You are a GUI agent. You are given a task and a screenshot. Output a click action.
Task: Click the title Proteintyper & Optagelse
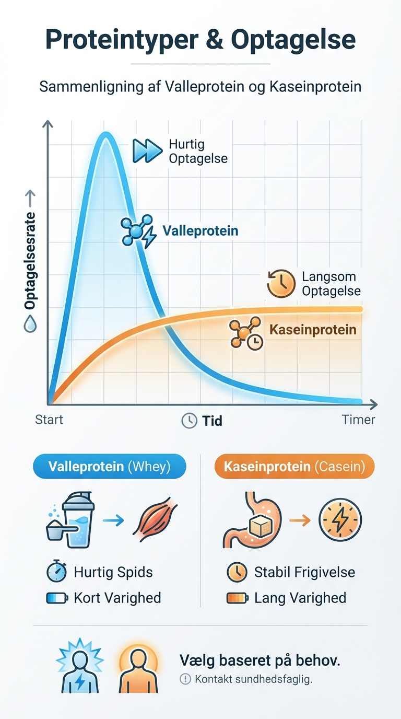[x=200, y=40]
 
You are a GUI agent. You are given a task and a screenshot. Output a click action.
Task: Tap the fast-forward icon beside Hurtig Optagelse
[x=147, y=150]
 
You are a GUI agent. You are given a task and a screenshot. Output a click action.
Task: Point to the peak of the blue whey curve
[x=106, y=135]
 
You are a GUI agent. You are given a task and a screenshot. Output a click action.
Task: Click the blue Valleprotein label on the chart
[x=200, y=231]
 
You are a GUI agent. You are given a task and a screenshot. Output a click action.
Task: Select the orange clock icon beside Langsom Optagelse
[x=281, y=284]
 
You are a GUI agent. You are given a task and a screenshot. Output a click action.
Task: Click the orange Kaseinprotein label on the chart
[x=313, y=330]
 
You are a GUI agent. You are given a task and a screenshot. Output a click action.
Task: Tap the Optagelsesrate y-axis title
[x=30, y=260]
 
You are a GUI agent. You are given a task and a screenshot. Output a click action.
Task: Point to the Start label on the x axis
[x=49, y=420]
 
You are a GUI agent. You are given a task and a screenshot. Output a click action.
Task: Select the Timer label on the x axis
[x=358, y=420]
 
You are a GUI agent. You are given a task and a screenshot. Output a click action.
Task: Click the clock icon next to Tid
[x=189, y=421]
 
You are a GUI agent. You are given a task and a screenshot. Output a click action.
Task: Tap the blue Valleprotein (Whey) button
[x=109, y=466]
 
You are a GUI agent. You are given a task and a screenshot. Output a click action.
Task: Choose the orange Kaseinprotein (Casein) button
[x=294, y=466]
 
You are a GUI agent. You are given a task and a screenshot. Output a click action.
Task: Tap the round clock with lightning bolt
[x=340, y=520]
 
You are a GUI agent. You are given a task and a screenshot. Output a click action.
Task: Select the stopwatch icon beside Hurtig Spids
[x=56, y=572]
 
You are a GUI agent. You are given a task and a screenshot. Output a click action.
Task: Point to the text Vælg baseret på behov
[x=260, y=660]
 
